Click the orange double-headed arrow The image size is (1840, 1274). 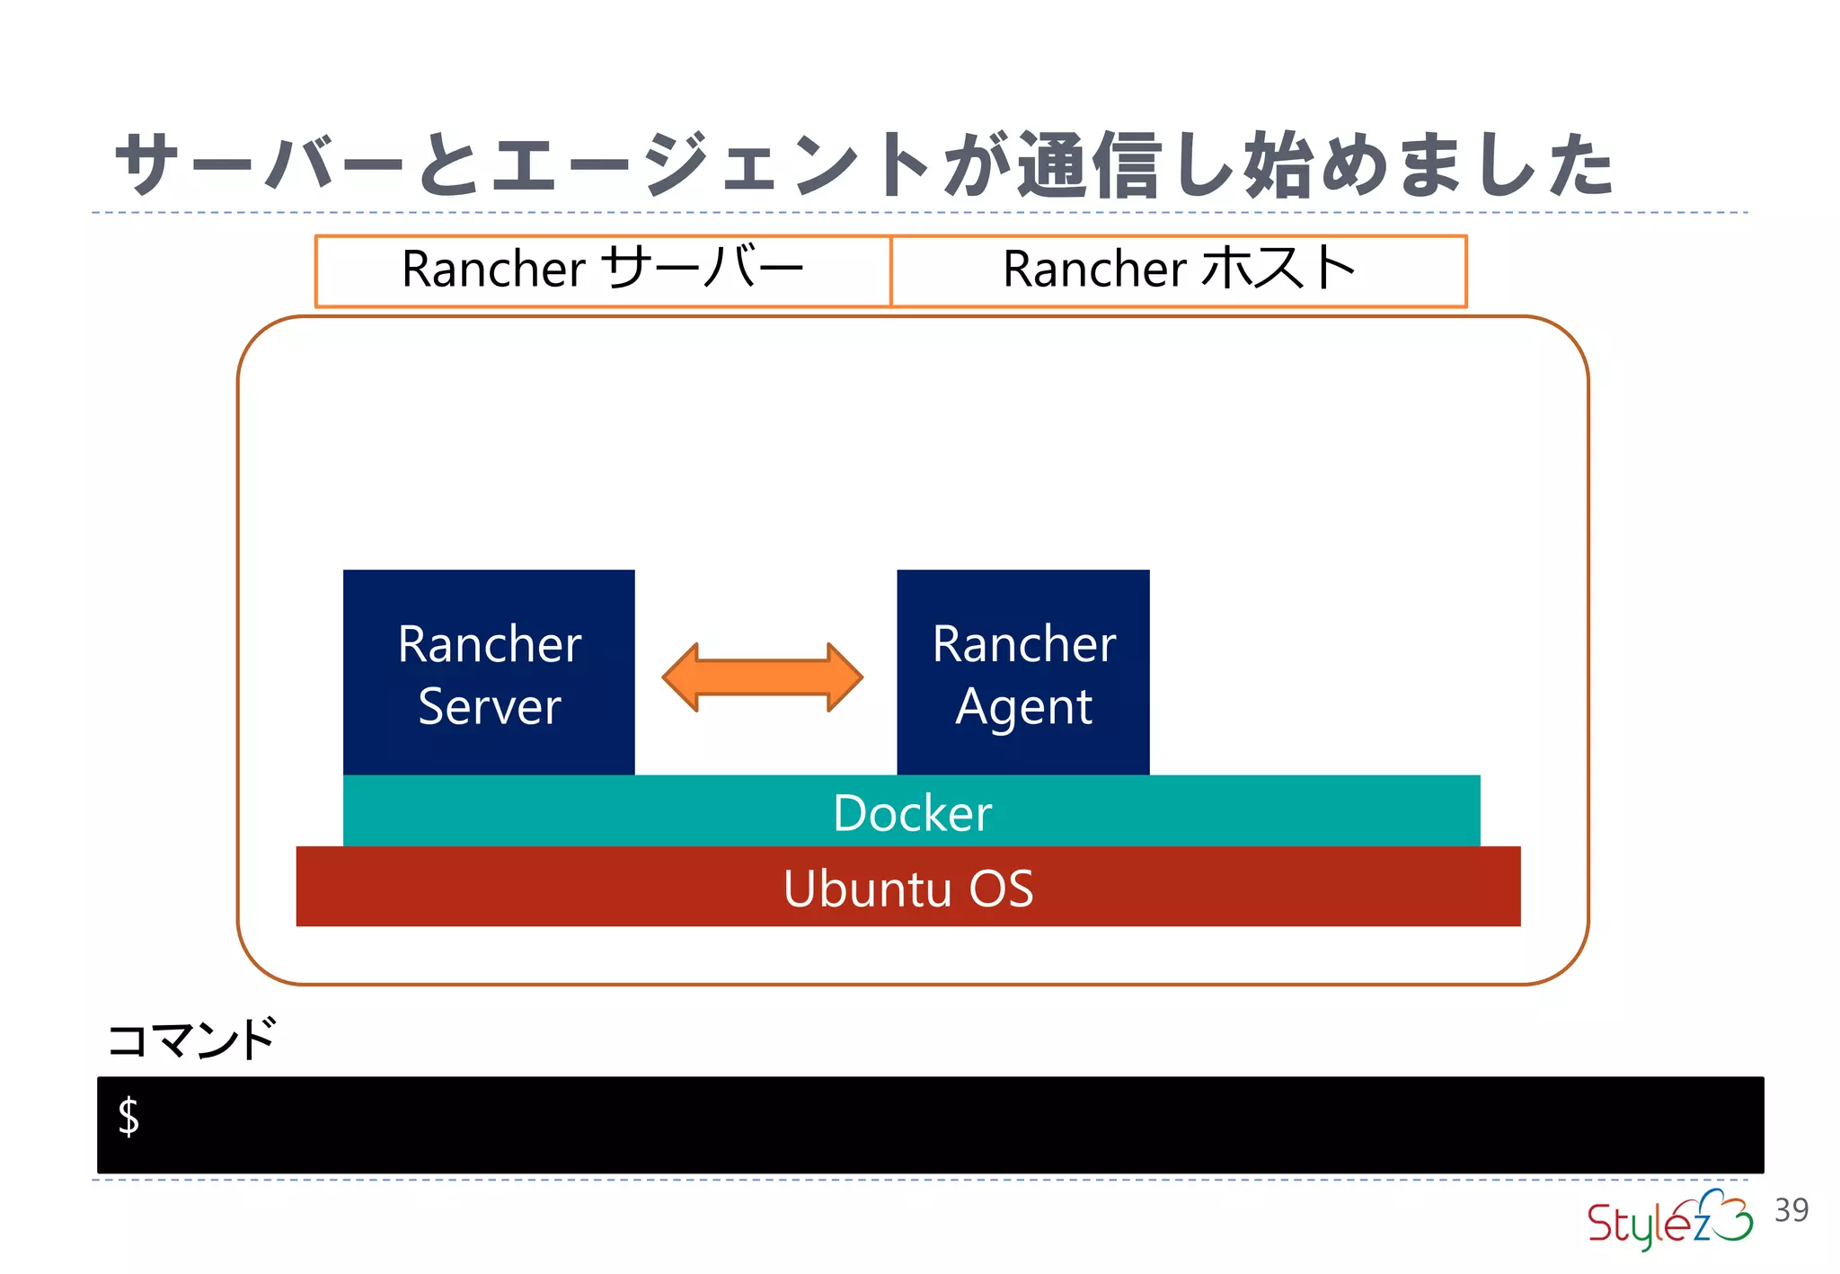click(762, 677)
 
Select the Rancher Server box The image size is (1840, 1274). click(489, 672)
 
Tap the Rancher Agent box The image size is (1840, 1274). click(1022, 672)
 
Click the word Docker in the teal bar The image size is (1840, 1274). click(912, 813)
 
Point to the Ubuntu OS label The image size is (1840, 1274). click(908, 889)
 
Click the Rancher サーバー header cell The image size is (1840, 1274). click(602, 270)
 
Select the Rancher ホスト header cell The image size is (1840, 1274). click(1178, 270)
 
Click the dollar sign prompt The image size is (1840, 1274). click(128, 1117)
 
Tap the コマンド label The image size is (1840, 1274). click(191, 1040)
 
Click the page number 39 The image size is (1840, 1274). click(1791, 1210)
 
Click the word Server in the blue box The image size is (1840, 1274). click(489, 706)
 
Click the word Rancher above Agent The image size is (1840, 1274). click(1023, 644)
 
